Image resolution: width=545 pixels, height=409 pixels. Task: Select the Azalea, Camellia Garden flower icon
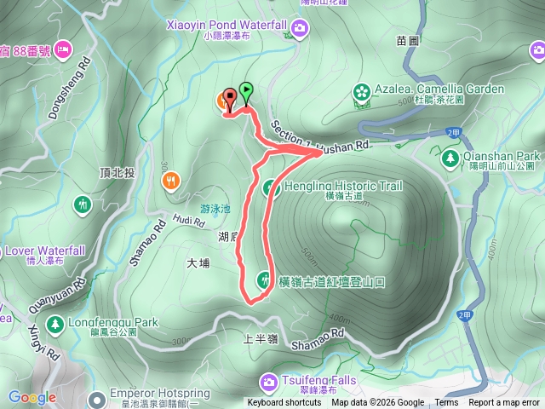click(x=362, y=89)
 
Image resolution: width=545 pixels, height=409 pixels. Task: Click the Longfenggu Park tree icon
click(x=55, y=324)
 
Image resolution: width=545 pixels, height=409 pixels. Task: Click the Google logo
click(x=32, y=397)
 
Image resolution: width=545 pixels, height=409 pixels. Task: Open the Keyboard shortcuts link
click(x=284, y=403)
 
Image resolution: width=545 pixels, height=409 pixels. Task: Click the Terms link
click(x=446, y=403)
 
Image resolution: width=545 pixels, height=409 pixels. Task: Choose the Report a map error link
click(x=504, y=403)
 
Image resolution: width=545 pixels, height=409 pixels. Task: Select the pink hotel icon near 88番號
click(x=64, y=49)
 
